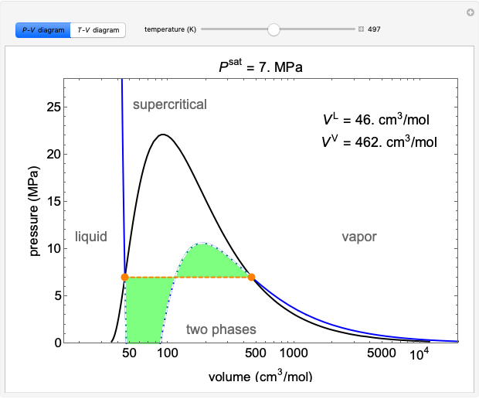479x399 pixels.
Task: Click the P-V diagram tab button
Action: pos(42,30)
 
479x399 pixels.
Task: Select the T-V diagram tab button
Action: pos(98,30)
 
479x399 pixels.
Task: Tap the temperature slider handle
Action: pos(273,29)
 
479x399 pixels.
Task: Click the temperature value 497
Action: pos(374,30)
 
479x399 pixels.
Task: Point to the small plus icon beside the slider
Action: pos(361,30)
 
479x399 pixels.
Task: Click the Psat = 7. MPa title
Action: pos(261,67)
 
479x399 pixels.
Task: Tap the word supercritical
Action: pos(170,104)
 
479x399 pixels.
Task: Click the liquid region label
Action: pos(91,237)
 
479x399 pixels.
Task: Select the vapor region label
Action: pos(359,237)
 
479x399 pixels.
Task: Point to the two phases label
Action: pos(221,330)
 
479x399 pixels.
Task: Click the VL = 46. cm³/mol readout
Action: pos(376,120)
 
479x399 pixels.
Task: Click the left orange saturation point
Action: pos(125,277)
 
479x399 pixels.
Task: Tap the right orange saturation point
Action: pos(251,277)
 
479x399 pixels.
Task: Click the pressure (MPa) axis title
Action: pos(35,211)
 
